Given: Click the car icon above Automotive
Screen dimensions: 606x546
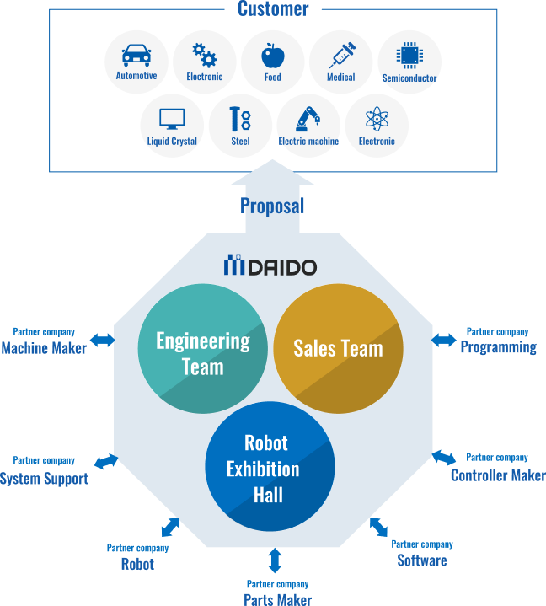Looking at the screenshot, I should coord(136,56).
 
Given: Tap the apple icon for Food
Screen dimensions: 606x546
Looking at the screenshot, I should coord(272,56).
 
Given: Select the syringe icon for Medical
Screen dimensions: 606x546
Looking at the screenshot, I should coord(341,56).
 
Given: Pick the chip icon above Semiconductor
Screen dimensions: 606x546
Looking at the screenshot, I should coord(409,56).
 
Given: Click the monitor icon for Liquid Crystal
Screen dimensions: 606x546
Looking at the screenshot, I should coord(172,120).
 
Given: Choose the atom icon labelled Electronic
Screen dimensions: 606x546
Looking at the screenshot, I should coord(377,120).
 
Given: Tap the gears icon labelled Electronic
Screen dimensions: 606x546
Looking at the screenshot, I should coord(205,56).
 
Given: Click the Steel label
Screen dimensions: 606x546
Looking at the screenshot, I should coord(240,142).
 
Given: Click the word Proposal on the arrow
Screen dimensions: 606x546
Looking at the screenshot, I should coord(272,206).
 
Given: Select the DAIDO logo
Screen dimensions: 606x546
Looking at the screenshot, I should coord(270,266).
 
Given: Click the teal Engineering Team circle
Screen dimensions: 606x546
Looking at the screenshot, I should coord(202,348).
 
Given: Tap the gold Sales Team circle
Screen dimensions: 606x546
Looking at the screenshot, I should coord(338,348).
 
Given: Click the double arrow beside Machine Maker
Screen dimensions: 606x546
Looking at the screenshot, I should coord(103,340).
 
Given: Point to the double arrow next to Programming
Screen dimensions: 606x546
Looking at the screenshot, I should coord(443,340).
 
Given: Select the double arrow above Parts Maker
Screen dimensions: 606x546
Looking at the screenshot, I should coord(275,560).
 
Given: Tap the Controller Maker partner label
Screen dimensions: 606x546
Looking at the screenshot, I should coord(498,475).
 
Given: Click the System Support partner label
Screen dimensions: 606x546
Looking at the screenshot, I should coord(44,479).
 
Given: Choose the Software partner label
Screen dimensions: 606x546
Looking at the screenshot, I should coord(422,560).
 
